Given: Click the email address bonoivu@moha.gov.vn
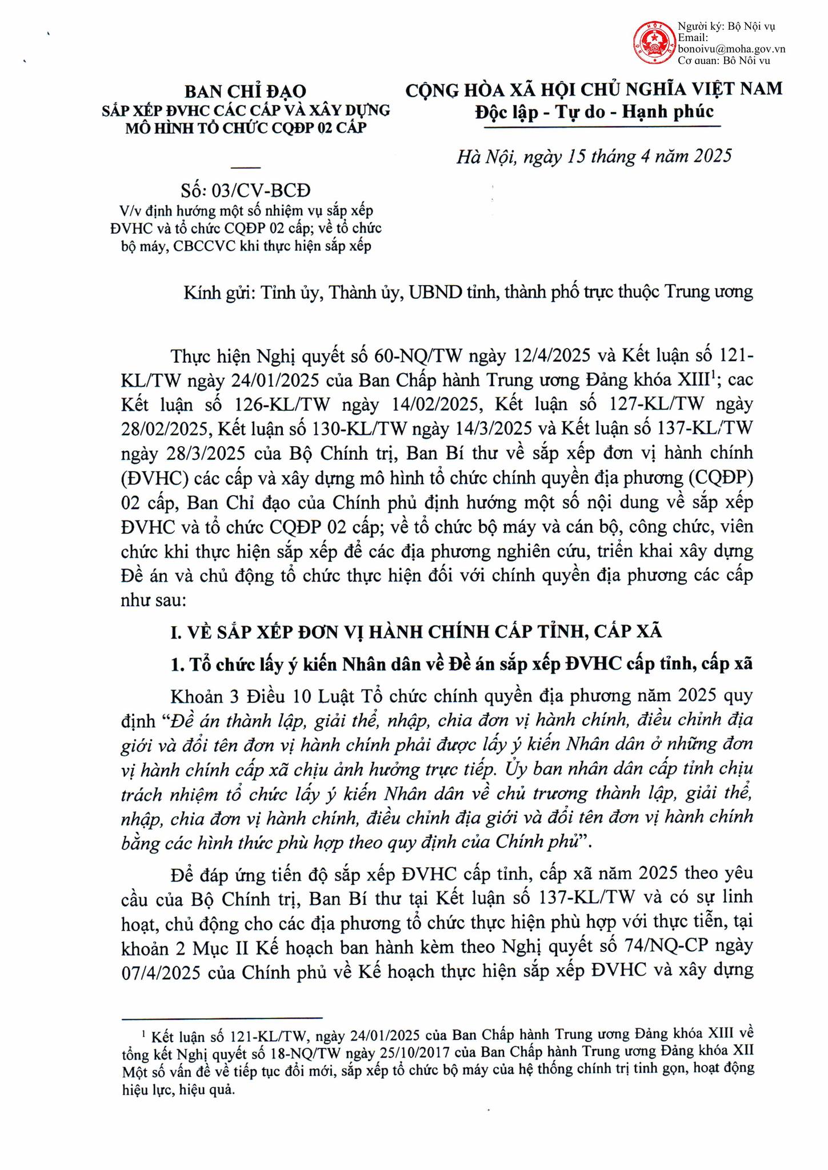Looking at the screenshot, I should coord(731,49).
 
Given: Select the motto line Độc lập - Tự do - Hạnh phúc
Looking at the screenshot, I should coord(594,111).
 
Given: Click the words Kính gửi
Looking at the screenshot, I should coord(218,292).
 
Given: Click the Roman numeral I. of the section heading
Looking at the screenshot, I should coord(176,632).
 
